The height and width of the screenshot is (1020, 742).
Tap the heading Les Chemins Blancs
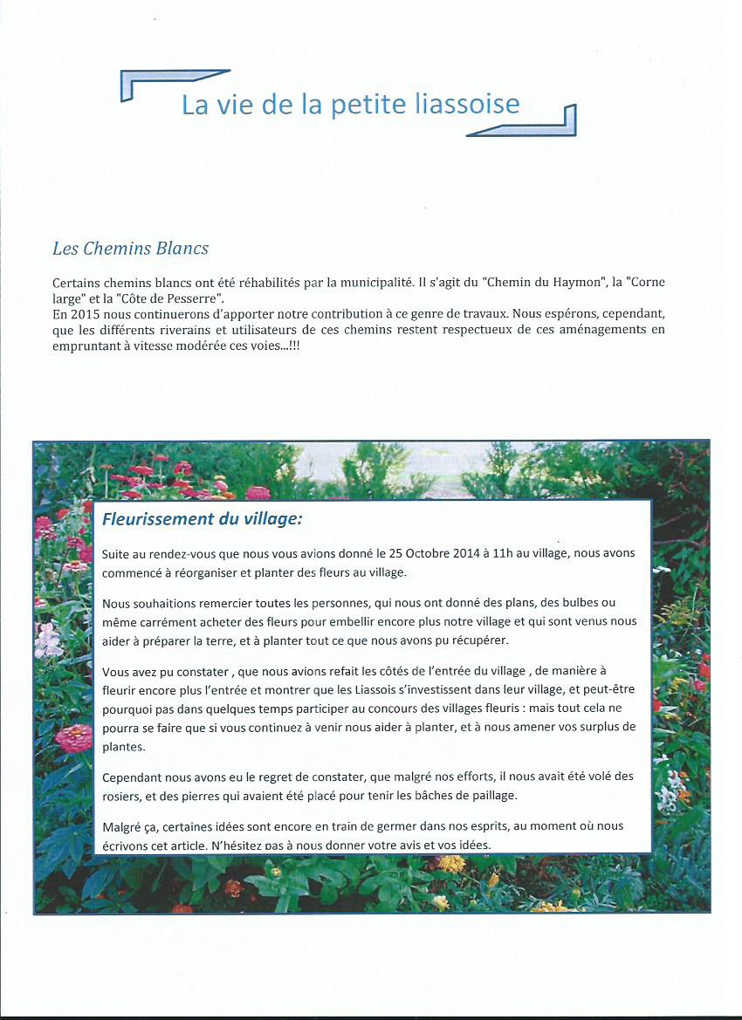point(130,249)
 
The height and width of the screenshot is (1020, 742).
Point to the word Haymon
point(561,284)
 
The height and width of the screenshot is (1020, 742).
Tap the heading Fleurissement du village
point(202,519)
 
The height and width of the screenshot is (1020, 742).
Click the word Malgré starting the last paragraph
point(123,825)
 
